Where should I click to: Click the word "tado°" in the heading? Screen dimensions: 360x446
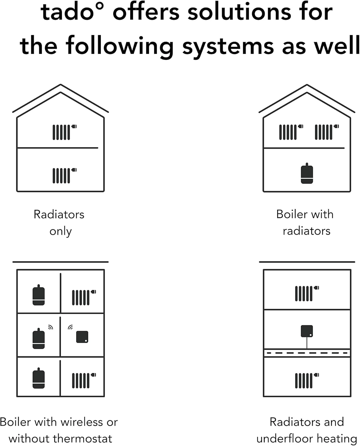pos(72,12)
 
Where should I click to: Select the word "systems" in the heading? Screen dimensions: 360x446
pos(228,47)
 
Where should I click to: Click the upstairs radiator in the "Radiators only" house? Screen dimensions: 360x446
pos(65,132)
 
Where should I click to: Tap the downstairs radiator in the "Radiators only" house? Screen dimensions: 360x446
pos(65,175)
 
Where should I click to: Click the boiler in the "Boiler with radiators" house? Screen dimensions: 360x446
pos(307,173)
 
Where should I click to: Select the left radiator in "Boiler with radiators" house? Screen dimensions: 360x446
pos(291,132)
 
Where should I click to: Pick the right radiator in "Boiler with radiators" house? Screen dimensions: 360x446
pos(327,132)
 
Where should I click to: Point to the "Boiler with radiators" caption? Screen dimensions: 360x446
pos(305,223)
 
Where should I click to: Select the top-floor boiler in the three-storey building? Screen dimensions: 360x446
pos(39,295)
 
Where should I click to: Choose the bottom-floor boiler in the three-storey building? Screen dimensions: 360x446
pos(39,378)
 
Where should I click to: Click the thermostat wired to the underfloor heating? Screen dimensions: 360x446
pos(307,331)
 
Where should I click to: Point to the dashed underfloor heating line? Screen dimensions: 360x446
pos(307,353)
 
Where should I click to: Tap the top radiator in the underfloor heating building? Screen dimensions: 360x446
pos(307,293)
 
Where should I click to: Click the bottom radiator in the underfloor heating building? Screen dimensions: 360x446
pos(307,381)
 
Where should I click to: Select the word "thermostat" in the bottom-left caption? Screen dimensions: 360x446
pos(84,439)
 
